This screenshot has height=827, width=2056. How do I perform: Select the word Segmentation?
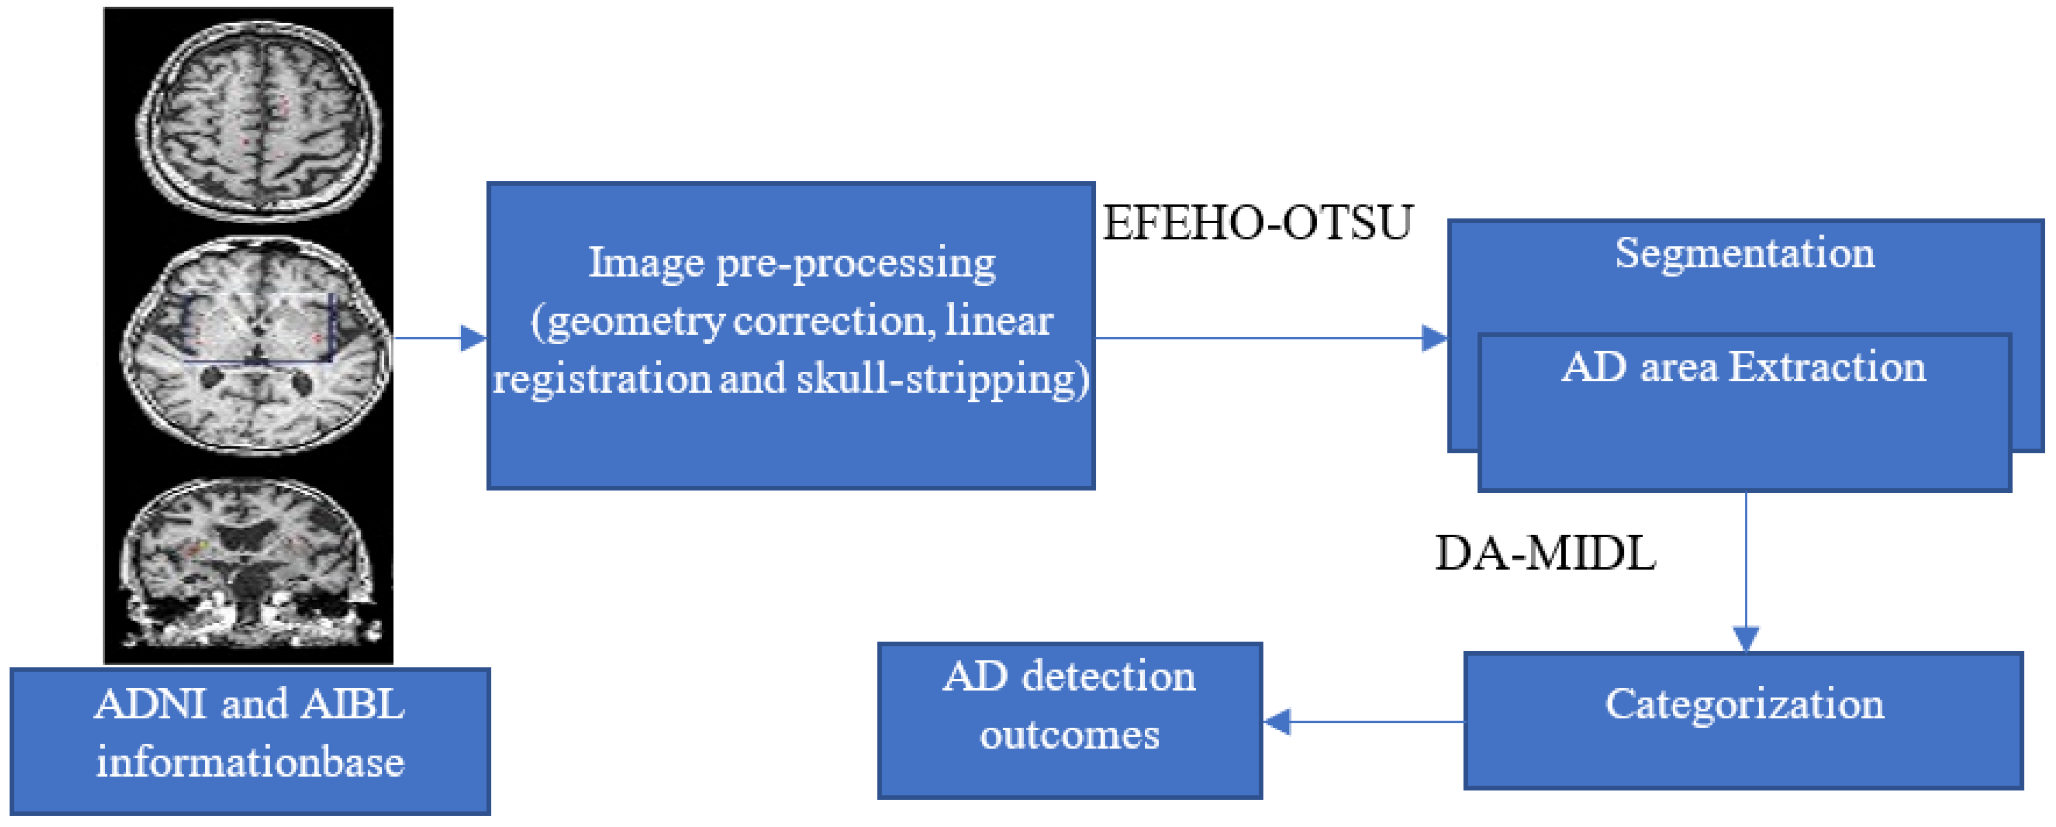point(1745,253)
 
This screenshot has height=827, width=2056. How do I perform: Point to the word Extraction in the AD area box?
point(1828,367)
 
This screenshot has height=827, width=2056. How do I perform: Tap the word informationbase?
point(250,762)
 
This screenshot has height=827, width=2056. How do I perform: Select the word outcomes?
point(1070,734)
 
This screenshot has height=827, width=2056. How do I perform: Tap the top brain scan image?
point(259,120)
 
